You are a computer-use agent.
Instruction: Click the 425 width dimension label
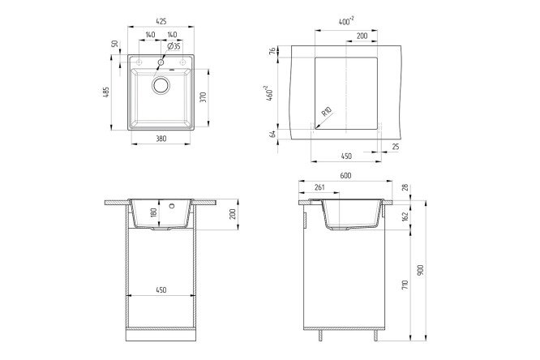click(161, 21)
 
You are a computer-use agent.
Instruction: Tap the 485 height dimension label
click(106, 92)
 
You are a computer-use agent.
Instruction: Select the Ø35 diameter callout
click(174, 46)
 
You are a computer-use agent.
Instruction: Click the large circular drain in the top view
click(161, 85)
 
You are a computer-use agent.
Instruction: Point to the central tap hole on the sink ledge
click(161, 62)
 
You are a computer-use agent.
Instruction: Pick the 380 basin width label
click(161, 139)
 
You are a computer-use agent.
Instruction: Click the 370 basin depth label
click(203, 97)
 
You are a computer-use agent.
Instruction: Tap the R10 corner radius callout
click(326, 112)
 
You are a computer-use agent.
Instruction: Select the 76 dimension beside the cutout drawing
click(272, 51)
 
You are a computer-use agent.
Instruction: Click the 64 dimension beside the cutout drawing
click(272, 134)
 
